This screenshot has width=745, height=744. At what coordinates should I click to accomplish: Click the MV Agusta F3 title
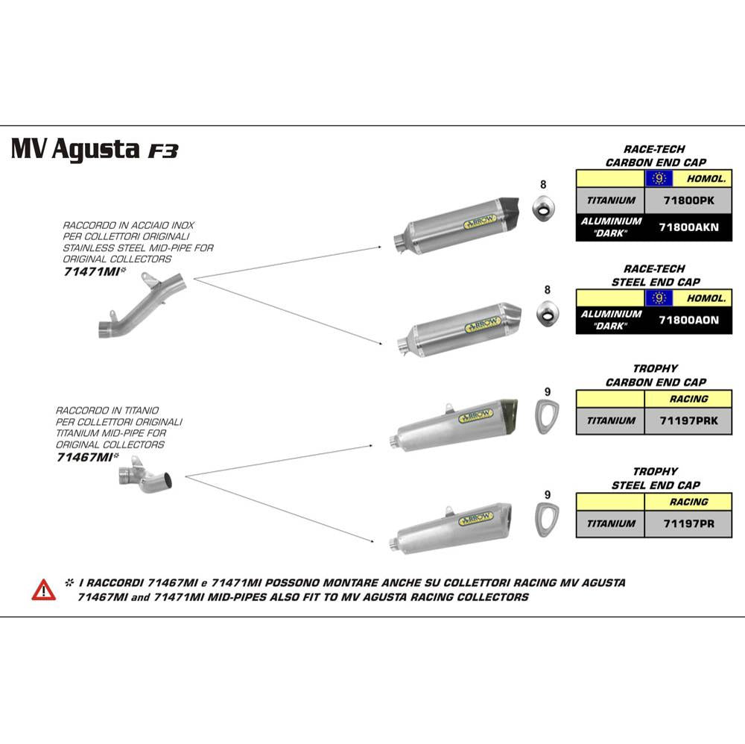[95, 149]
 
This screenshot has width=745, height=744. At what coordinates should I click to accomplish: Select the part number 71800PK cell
[688, 200]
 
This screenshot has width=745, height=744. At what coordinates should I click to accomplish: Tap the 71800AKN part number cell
[688, 227]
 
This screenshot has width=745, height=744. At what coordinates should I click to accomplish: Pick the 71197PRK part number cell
[688, 420]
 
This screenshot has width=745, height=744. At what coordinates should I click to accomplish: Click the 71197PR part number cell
[688, 523]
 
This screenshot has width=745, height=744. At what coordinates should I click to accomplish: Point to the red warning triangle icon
[43, 590]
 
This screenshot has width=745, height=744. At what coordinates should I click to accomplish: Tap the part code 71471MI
[91, 272]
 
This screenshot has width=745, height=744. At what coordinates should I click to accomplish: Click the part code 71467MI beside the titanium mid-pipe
[83, 458]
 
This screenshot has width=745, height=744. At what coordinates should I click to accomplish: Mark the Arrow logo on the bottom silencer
[477, 517]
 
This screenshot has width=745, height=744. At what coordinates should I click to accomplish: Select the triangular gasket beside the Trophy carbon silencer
[548, 416]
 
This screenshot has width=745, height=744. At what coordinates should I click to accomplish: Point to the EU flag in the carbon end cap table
[658, 178]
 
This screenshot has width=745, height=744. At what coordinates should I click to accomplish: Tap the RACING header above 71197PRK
[688, 399]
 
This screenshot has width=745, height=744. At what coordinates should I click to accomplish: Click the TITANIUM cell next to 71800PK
[610, 200]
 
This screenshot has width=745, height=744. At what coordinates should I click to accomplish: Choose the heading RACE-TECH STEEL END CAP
[654, 275]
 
